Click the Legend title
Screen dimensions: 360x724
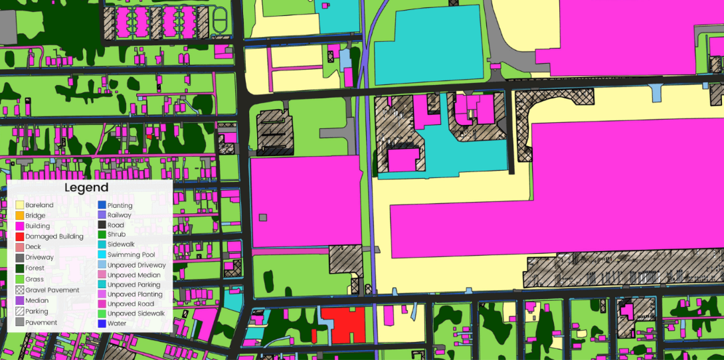(86, 188)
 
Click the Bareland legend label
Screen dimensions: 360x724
(39, 205)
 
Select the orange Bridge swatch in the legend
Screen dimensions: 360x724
(20, 215)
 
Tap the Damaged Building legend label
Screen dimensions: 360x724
(54, 236)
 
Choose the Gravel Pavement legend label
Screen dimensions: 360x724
(52, 290)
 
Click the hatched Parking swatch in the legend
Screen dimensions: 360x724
(20, 311)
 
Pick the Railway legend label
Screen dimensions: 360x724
(120, 215)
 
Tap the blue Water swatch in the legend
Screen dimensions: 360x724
(102, 323)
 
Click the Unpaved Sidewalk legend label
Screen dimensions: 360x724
(136, 314)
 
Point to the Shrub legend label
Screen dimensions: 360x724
(116, 234)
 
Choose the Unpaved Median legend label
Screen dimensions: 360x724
(133, 275)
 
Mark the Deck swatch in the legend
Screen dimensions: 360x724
(20, 247)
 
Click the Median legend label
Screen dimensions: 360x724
(37, 301)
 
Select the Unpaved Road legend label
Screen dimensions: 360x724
(131, 304)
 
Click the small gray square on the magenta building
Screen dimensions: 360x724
(263, 217)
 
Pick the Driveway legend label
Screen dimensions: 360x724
(39, 258)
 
